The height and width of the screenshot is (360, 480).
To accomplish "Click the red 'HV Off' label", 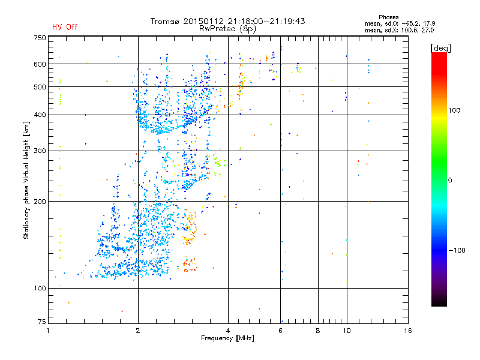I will pos(64,27).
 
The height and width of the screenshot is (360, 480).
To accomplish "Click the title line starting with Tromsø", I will pos(228,21).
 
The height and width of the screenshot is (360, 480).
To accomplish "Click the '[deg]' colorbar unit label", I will pos(441,47).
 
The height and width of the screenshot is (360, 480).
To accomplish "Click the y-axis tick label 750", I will pos(39,38).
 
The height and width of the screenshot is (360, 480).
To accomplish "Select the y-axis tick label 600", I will pos(39,64).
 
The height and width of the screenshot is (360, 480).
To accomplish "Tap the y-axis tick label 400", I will pos(39,115).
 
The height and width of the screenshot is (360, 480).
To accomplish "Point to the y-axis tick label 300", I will pos(39,151).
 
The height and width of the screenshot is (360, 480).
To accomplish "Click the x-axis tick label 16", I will pos(408,331).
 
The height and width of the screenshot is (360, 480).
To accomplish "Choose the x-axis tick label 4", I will pos(228,331).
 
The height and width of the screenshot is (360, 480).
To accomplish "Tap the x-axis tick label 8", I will pos(318,331).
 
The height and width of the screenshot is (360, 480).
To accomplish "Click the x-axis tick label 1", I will pos(48,331).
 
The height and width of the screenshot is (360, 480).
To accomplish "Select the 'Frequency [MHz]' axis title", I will pos(227,338).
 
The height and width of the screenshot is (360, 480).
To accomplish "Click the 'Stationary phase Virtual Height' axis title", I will pos(26,180).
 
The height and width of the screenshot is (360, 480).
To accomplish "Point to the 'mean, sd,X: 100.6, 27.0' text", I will pos(399,29).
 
